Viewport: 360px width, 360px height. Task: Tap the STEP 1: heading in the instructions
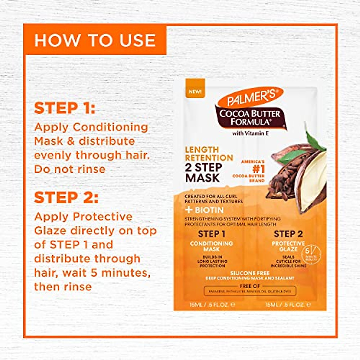tap(64, 108)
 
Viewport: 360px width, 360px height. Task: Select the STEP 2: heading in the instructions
tap(66, 198)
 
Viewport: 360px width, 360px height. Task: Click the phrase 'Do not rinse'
tap(70, 169)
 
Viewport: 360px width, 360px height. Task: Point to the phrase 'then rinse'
tap(63, 286)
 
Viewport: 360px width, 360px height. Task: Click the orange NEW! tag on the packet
tap(195, 91)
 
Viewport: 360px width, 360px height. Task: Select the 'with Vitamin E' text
tap(250, 133)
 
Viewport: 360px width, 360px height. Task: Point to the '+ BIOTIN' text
tap(204, 210)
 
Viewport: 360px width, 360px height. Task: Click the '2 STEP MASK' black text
tap(203, 172)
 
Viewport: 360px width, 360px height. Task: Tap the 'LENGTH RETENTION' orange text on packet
tap(209, 154)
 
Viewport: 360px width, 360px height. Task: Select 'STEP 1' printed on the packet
tap(211, 234)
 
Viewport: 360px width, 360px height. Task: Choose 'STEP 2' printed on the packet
tap(288, 234)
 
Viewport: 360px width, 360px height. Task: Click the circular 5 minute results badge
tap(312, 255)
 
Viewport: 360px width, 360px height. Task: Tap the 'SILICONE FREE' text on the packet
tap(250, 273)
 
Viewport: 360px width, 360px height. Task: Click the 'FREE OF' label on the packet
tap(250, 286)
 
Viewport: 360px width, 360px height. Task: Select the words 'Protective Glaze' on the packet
tap(288, 246)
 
